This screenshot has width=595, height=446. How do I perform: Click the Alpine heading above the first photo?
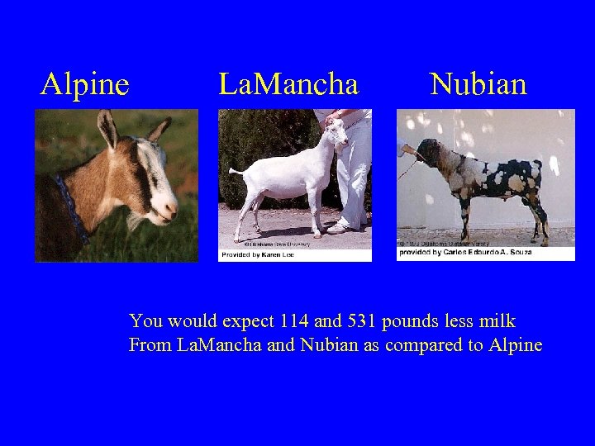click(85, 84)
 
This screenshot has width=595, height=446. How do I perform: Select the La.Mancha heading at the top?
click(288, 84)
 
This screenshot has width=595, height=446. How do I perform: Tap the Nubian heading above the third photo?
click(478, 84)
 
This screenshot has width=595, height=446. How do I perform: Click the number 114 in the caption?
click(295, 320)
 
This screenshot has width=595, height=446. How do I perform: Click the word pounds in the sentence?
click(421, 320)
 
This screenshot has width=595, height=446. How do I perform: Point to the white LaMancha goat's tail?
click(235, 173)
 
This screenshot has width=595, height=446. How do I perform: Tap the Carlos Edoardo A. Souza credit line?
click(465, 253)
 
